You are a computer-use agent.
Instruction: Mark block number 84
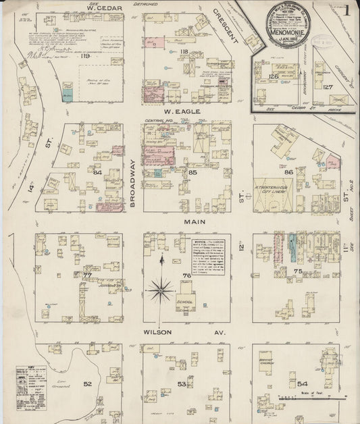(98, 172)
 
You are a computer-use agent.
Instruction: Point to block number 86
(288, 173)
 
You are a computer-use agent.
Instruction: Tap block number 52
(86, 383)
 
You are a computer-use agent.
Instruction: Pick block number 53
(181, 383)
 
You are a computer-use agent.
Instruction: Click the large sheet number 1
(346, 10)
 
